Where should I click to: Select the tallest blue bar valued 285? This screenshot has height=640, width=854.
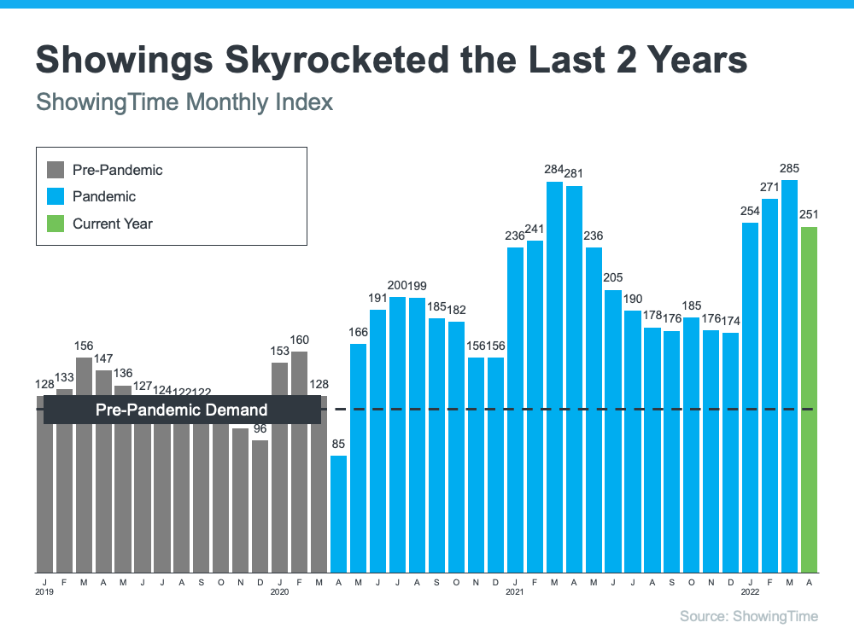point(789,375)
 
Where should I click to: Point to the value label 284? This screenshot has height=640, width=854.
point(554,170)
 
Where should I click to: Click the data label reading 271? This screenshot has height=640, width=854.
point(769,187)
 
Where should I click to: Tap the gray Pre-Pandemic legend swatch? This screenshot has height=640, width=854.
point(56,170)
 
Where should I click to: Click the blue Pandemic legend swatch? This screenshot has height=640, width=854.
point(56,197)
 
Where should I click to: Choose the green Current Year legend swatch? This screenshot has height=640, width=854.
point(56,224)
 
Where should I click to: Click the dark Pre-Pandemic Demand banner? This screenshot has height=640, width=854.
point(182,410)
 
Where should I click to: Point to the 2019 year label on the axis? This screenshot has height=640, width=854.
point(44,591)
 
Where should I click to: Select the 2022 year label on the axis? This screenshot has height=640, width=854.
point(749,591)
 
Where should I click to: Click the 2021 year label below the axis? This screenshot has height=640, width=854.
point(514,591)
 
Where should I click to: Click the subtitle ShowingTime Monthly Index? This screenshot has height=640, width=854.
point(184,103)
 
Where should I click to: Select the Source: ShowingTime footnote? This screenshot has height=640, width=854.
point(748,616)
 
